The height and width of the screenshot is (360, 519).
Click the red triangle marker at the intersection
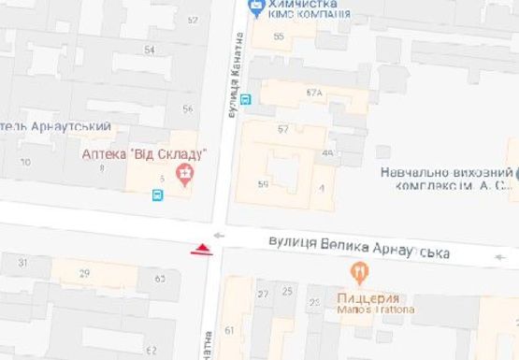(201, 249)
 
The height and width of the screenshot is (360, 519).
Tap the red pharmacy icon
(185, 174)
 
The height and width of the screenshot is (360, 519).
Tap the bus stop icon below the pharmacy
(157, 194)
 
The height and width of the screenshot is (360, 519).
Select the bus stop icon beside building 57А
(246, 99)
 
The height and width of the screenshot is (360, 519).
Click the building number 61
(230, 331)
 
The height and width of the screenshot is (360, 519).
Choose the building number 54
(149, 49)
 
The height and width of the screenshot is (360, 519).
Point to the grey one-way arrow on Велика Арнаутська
(218, 235)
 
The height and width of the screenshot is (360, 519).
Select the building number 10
(24, 163)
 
